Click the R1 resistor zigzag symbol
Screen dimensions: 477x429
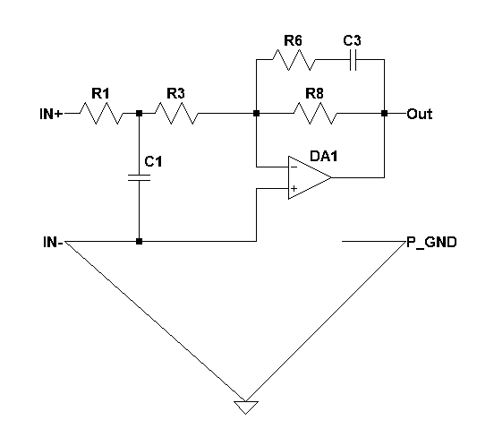(x=102, y=113)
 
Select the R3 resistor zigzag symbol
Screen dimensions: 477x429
(x=176, y=113)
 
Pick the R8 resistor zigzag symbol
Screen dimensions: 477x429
(x=316, y=113)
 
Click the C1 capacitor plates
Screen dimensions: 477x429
(x=139, y=178)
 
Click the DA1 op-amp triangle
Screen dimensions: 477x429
(x=310, y=178)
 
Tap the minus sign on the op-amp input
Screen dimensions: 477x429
(x=294, y=167)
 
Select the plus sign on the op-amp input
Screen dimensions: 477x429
(x=294, y=189)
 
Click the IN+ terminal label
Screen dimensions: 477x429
(x=51, y=114)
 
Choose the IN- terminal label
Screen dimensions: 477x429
(x=53, y=243)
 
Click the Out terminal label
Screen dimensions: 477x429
(x=420, y=114)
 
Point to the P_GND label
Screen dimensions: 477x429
(x=431, y=243)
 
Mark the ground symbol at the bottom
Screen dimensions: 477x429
(x=246, y=408)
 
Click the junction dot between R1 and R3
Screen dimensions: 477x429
(x=139, y=113)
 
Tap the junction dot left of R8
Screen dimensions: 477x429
(x=257, y=113)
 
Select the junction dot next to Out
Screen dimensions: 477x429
(x=385, y=113)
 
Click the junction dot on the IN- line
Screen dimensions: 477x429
(x=139, y=242)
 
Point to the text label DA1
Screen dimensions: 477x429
(x=324, y=156)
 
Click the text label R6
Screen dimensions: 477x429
(x=293, y=40)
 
